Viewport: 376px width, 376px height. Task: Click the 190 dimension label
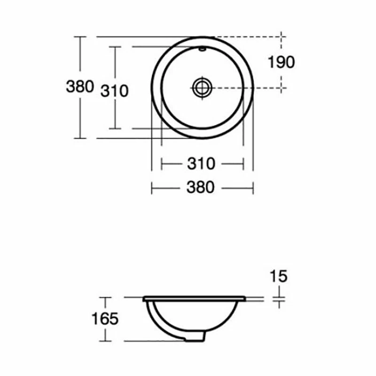(x=282, y=62)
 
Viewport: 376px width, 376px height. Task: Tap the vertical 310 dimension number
(x=114, y=90)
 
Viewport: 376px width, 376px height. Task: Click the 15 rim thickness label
(x=279, y=276)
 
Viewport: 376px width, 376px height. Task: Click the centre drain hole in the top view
(x=202, y=87)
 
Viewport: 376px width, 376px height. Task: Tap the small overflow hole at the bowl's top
(x=202, y=48)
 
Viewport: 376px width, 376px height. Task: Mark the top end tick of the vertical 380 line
(x=80, y=37)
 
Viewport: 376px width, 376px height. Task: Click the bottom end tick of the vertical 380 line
(x=80, y=138)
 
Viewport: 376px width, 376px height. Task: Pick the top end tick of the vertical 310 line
(x=115, y=47)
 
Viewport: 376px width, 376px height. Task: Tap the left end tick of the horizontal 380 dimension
(x=151, y=188)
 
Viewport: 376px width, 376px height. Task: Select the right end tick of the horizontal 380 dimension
(x=253, y=188)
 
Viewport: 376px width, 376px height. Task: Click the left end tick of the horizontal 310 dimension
(x=162, y=164)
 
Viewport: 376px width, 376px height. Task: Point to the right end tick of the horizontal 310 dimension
(x=243, y=164)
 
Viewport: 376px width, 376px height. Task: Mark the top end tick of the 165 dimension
(x=106, y=298)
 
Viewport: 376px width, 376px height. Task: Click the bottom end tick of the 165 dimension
(x=106, y=341)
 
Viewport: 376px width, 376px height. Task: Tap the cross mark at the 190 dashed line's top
(x=282, y=37)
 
